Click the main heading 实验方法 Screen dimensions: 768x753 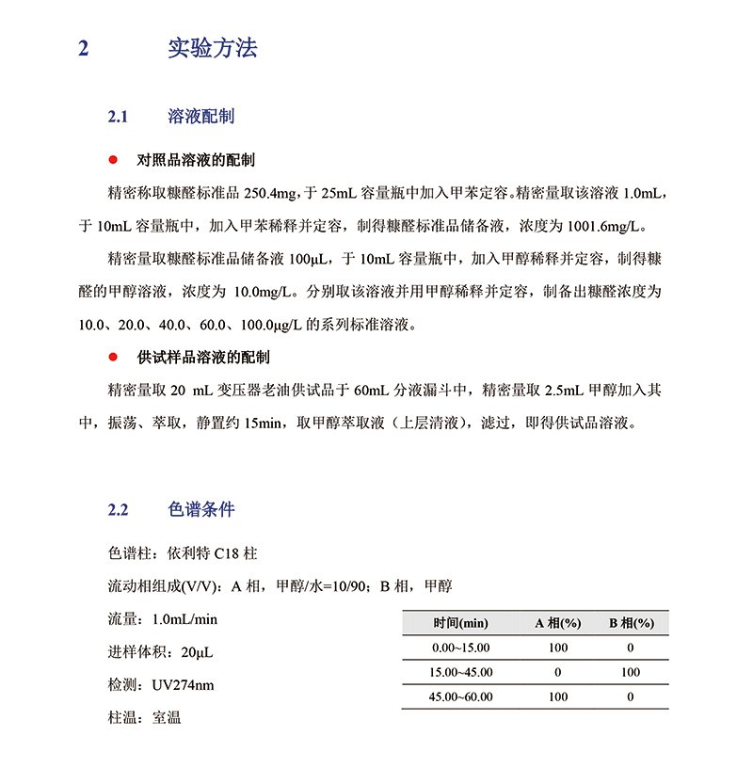(212, 49)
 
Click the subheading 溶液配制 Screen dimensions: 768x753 (200, 117)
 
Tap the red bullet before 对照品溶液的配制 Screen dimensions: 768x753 (114, 160)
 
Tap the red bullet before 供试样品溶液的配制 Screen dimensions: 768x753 (114, 358)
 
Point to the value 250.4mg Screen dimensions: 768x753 (271, 194)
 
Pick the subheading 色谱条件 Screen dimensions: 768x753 (200, 510)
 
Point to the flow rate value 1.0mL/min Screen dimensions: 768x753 (184, 619)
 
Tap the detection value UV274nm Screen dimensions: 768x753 (183, 684)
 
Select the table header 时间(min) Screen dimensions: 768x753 (460, 623)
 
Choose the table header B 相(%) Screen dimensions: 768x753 (631, 623)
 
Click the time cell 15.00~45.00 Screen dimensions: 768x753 (460, 672)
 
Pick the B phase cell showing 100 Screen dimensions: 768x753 (631, 672)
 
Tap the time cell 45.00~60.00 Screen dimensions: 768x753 (460, 696)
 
